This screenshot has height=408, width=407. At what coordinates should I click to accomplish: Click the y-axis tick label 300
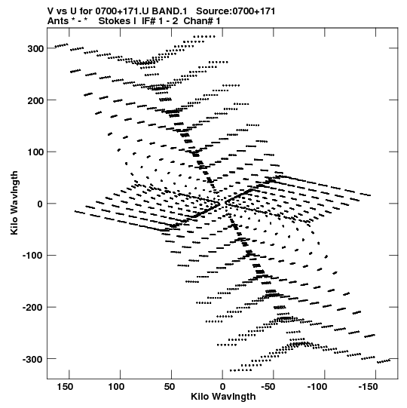point(35,49)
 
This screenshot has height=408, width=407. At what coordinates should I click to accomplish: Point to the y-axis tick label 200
point(35,100)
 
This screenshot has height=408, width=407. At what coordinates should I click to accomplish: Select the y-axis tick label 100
point(35,152)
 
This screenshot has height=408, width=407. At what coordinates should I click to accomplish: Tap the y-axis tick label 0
point(40,204)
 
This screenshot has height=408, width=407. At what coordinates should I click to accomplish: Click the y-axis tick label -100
point(33,256)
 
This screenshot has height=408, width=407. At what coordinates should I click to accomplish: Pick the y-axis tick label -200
point(33,308)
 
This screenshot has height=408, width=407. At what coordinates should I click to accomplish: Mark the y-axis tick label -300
point(33,359)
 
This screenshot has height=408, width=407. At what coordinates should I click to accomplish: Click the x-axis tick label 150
point(65,387)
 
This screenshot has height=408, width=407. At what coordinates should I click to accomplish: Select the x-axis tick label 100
point(116,387)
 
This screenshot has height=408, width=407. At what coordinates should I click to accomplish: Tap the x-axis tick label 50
point(170,387)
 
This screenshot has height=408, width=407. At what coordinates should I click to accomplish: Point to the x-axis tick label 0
point(222,387)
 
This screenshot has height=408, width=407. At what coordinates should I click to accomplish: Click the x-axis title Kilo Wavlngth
point(223,397)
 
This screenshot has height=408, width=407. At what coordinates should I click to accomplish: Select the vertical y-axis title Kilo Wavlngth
point(14,203)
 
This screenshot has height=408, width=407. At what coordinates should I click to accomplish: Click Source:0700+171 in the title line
point(236,11)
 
